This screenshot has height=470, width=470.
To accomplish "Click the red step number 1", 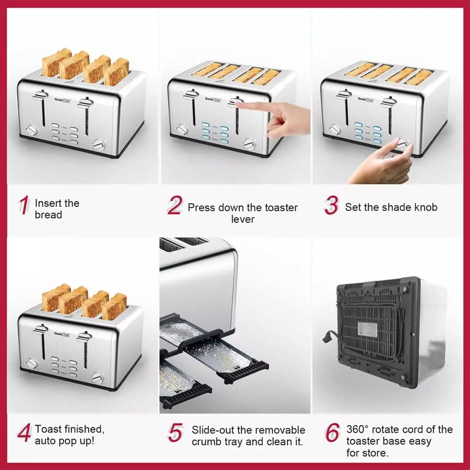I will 23,206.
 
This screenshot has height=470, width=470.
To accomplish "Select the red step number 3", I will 331,205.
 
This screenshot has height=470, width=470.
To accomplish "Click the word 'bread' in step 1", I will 48,215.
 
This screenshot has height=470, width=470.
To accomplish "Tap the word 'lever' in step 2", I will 243,219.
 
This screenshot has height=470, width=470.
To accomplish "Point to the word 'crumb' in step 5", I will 205,442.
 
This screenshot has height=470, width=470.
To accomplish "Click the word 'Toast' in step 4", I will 49,429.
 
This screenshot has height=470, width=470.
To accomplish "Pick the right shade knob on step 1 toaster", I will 99,144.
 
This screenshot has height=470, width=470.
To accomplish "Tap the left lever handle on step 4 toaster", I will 40,330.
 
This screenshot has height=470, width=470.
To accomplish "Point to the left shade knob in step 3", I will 335,129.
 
